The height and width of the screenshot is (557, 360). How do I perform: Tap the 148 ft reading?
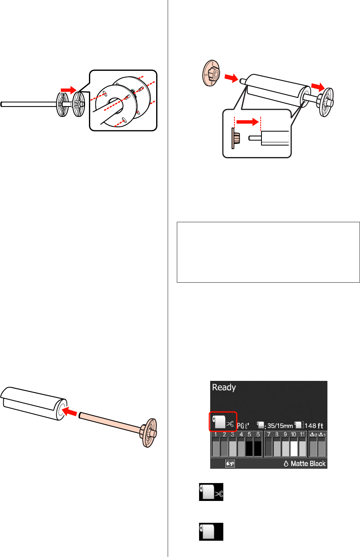click(x=314, y=426)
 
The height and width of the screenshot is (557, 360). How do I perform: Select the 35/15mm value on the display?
click(x=280, y=426)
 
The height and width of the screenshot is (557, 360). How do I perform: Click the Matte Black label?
click(x=308, y=464)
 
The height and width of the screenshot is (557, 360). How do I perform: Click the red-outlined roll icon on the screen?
click(x=223, y=421)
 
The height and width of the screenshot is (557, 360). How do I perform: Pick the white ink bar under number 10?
click(x=294, y=447)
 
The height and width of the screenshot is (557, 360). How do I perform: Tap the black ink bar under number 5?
click(x=249, y=447)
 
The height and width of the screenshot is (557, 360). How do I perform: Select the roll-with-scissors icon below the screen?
click(x=211, y=492)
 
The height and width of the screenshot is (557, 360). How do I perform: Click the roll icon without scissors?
click(x=211, y=532)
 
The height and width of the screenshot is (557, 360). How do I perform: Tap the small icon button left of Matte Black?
click(x=230, y=464)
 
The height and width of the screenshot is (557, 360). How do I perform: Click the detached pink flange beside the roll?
click(x=211, y=73)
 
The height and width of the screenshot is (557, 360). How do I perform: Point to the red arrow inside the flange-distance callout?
click(x=248, y=122)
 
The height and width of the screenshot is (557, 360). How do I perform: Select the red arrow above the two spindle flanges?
click(x=69, y=90)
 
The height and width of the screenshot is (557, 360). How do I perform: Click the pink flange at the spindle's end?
click(x=149, y=433)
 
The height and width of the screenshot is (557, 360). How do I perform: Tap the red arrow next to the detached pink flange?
click(x=231, y=78)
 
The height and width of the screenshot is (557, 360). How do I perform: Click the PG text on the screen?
click(x=240, y=426)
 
